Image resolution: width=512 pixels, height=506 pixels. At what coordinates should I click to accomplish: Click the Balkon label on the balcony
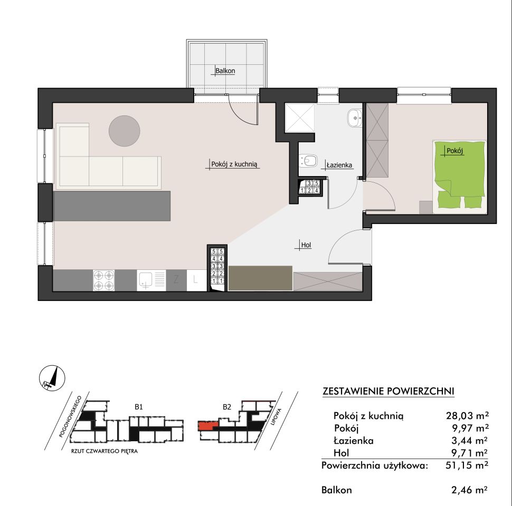[225, 71]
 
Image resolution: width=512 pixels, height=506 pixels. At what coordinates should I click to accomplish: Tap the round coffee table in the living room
[125, 131]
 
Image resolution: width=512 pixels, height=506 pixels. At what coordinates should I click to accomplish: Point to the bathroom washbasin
[355, 118]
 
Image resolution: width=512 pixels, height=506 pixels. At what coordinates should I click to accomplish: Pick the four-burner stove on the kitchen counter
[104, 280]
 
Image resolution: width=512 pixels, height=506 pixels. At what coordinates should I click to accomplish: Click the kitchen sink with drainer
[151, 280]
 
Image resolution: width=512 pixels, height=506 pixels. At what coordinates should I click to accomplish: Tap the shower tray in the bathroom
[300, 118]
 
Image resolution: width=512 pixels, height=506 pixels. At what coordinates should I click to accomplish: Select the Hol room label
[306, 245]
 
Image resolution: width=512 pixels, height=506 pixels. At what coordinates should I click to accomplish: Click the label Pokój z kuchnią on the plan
[234, 164]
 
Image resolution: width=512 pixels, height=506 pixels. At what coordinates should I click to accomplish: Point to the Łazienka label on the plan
[339, 165]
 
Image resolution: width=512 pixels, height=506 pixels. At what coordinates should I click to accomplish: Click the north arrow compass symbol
[52, 378]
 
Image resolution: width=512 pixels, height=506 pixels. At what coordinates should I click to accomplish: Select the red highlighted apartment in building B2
[207, 426]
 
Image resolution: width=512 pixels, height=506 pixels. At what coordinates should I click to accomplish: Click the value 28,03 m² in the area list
[467, 416]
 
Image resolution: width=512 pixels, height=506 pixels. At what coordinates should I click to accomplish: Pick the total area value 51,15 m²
[467, 465]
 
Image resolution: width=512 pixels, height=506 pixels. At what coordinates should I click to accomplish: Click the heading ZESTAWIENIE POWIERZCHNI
[388, 391]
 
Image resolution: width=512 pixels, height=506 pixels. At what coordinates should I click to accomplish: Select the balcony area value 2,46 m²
[470, 490]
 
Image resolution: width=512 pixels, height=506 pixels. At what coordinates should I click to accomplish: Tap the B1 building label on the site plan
[139, 407]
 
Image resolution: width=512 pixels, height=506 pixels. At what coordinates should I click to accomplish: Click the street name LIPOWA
[276, 417]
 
